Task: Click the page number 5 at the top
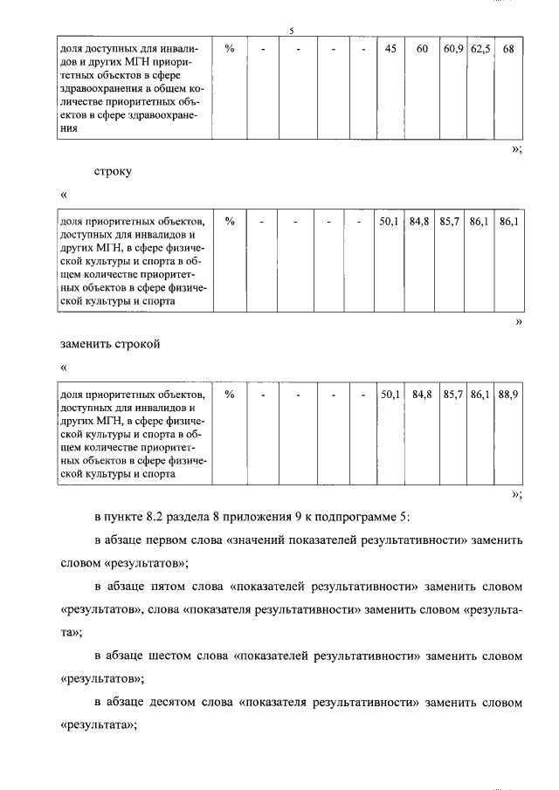(x=292, y=31)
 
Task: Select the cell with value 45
(x=390, y=49)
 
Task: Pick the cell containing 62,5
(x=480, y=49)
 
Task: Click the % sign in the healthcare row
(x=230, y=49)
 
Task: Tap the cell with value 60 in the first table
(x=422, y=49)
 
